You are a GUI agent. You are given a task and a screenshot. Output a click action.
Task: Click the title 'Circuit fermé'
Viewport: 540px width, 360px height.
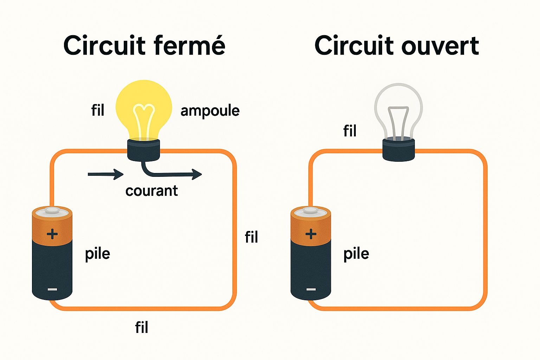point(144,46)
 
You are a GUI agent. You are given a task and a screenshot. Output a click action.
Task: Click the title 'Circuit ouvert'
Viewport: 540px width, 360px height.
point(397,46)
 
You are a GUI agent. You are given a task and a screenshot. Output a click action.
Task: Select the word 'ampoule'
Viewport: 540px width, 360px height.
point(210,111)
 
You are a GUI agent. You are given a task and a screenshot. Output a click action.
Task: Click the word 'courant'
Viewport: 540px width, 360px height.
point(152,191)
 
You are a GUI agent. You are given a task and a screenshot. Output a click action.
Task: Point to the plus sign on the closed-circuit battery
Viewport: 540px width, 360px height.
point(52,234)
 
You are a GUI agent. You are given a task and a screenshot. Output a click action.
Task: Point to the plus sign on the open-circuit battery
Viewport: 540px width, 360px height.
point(311,234)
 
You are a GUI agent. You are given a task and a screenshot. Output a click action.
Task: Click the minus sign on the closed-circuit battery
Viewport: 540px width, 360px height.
point(52,289)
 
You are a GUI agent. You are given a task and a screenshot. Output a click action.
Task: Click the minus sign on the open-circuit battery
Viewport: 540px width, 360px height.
point(311,289)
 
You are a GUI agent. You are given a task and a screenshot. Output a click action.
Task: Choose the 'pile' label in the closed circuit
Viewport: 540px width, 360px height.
point(97,254)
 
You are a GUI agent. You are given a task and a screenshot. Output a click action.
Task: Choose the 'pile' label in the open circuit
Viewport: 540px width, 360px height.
point(356,254)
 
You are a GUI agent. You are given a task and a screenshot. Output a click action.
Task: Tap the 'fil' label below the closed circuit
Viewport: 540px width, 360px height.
point(142,328)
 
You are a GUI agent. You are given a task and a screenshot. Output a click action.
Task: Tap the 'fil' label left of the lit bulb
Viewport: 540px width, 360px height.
point(98,110)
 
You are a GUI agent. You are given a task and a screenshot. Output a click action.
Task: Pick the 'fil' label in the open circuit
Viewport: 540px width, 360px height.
point(350,131)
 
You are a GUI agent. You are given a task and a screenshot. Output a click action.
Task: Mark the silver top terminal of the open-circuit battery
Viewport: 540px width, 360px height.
point(311,211)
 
